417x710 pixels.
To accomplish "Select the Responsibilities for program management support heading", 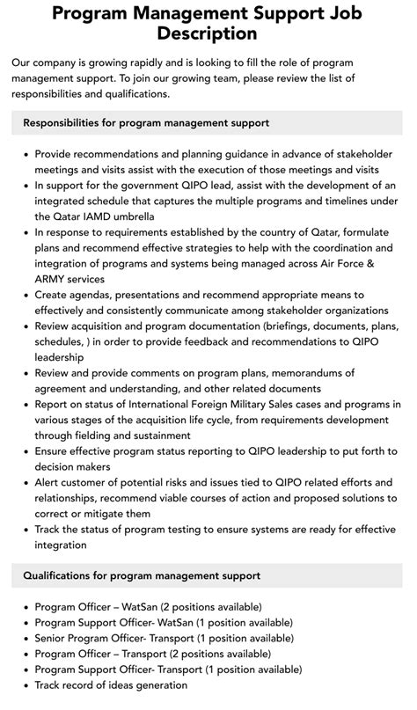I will coord(146,122).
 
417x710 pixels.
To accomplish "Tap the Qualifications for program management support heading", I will coord(142,575).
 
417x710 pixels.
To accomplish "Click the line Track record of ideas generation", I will coord(111,685).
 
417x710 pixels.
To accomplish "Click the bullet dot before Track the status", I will coord(25,530).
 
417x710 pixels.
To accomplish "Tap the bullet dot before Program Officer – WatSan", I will coord(25,607).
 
